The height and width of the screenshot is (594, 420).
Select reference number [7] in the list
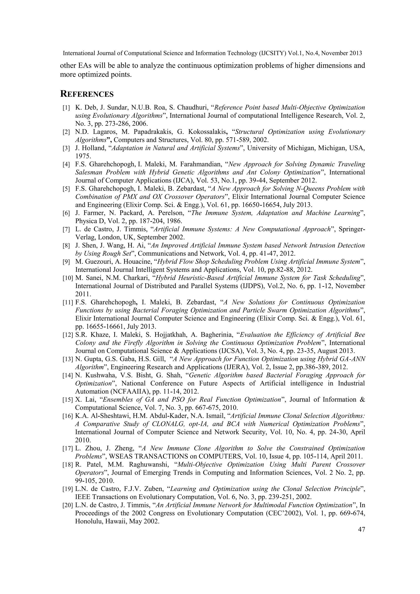66,230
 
